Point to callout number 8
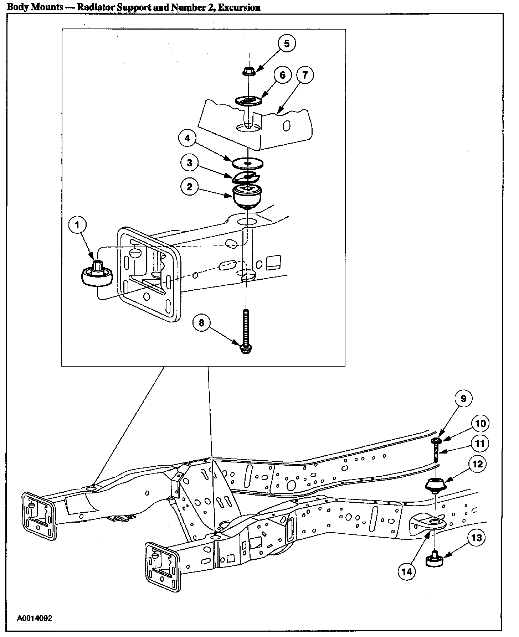click(202, 323)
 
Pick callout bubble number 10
click(481, 424)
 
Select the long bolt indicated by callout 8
click(246, 331)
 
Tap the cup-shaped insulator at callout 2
click(247, 196)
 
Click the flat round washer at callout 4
click(247, 163)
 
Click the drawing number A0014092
click(35, 618)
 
